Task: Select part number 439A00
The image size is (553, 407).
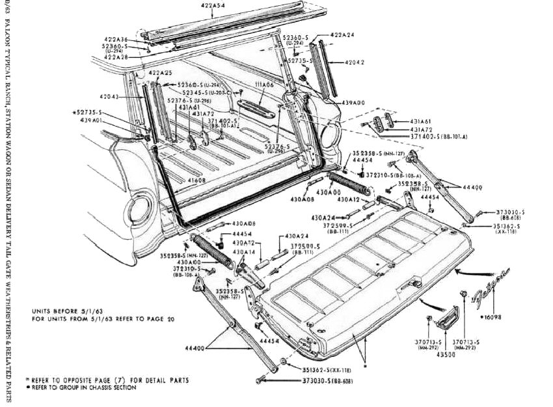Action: (353, 103)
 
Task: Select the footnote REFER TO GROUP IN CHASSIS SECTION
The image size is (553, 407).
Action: (82, 387)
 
